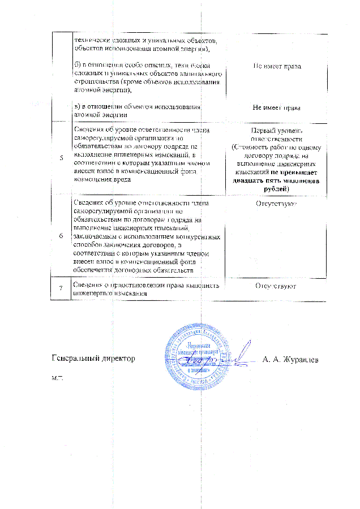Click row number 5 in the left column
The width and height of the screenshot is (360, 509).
[61, 157]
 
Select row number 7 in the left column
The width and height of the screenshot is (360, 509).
[61, 289]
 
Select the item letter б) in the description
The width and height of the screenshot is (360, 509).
[78, 66]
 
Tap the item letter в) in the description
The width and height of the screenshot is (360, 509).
[78, 106]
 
